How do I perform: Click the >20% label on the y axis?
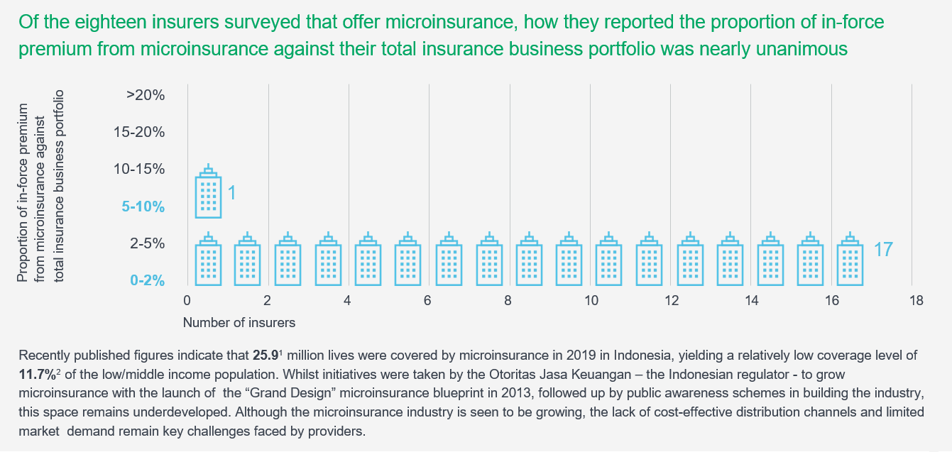click(x=146, y=95)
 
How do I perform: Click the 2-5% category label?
click(x=147, y=243)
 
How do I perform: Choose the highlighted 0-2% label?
click(x=147, y=281)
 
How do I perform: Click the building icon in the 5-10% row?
click(x=208, y=192)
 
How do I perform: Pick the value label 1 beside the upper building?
click(x=231, y=192)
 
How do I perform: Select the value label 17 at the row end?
click(x=882, y=250)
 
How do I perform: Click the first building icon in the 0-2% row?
click(x=208, y=260)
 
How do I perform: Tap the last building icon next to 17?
click(x=850, y=260)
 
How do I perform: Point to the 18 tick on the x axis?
click(x=916, y=301)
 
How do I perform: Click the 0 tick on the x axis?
click(x=187, y=301)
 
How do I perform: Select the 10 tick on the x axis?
click(x=591, y=301)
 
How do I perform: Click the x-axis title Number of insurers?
click(x=239, y=322)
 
